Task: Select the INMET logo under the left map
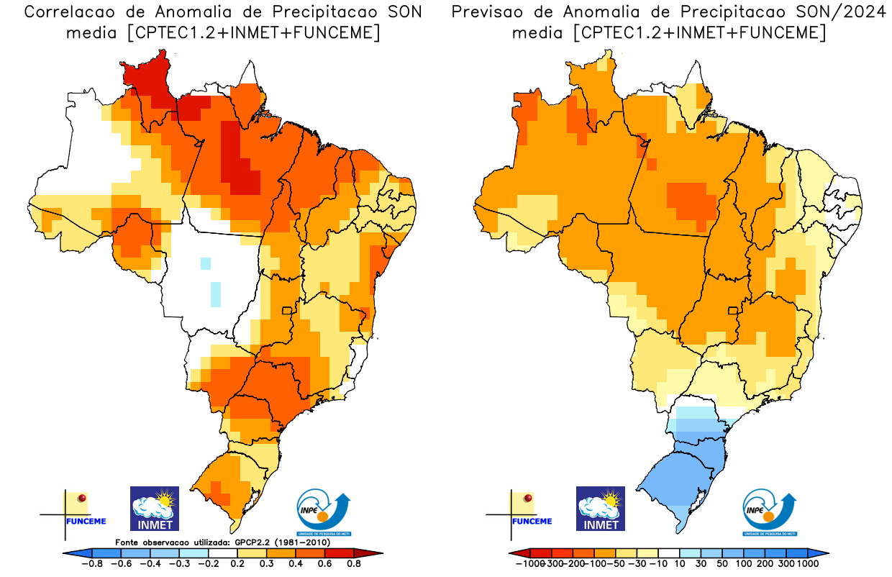pos(154,508)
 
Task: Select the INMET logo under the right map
pos(601,508)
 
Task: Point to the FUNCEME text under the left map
pos(86,521)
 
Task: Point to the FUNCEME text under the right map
pos(532,521)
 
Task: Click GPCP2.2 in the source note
pos(258,542)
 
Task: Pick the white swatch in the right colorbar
pos(669,553)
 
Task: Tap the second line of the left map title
pos(223,32)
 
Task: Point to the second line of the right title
pos(669,32)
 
